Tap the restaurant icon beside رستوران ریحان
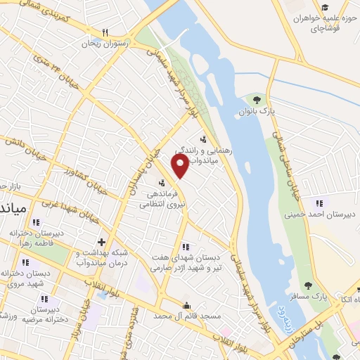click(105, 32)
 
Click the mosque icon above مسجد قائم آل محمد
click(186, 305)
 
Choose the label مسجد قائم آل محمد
click(186, 317)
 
